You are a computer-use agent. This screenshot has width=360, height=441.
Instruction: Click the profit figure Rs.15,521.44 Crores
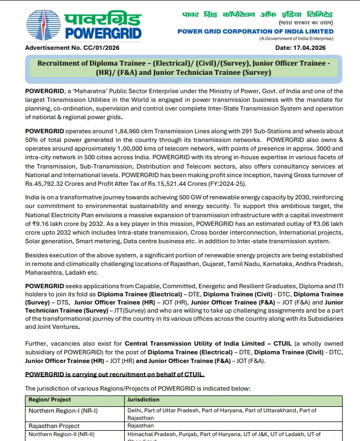click(x=184, y=185)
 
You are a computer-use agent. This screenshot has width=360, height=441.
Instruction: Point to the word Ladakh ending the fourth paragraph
click(x=73, y=273)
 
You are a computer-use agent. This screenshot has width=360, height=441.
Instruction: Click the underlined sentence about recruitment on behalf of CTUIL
click(x=115, y=374)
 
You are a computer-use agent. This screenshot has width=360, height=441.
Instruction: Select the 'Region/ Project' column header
click(x=50, y=400)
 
